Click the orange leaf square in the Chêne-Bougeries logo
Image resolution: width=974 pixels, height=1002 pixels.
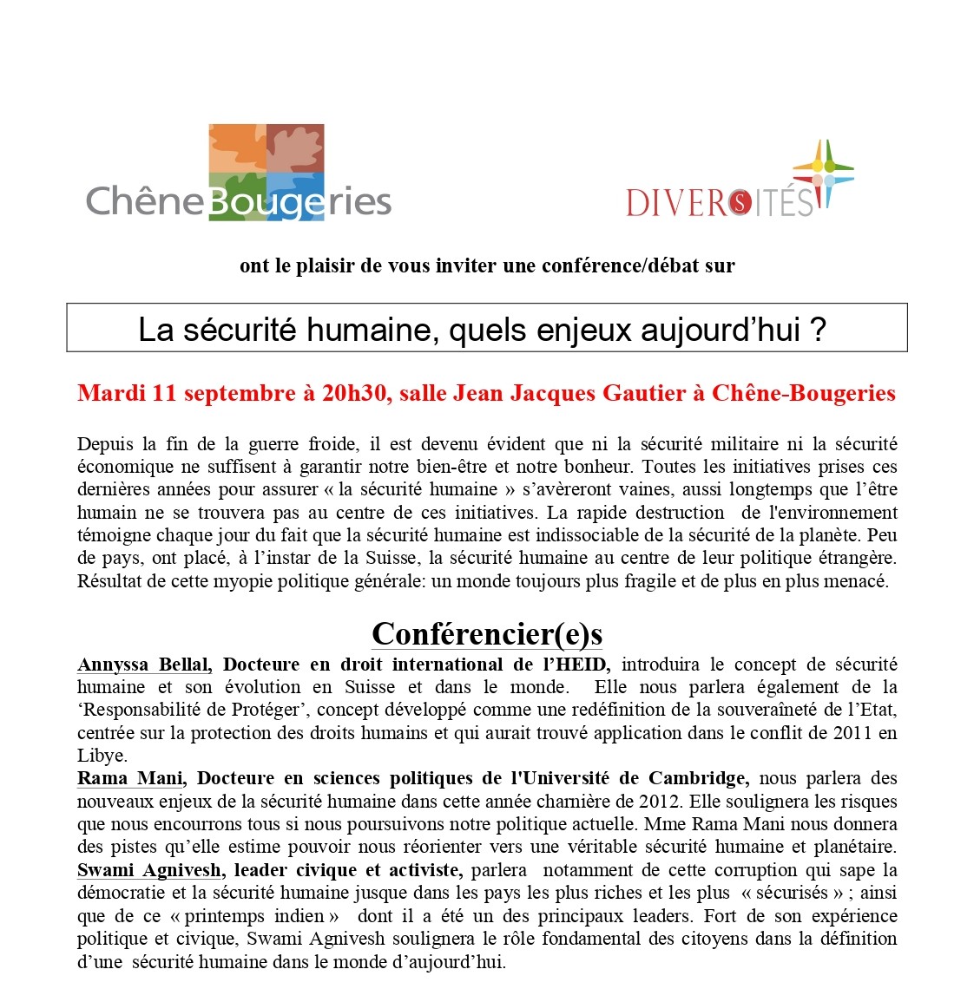click(x=236, y=148)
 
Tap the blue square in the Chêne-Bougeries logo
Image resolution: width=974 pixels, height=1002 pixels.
click(x=296, y=195)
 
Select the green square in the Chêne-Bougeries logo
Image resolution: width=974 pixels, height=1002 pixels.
click(x=237, y=197)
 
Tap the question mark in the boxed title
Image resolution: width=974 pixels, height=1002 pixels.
click(x=818, y=329)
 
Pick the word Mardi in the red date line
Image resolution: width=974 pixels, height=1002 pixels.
click(x=111, y=393)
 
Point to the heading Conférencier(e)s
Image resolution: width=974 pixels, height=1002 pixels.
click(x=487, y=634)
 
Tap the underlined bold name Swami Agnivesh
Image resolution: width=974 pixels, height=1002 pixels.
click(x=151, y=870)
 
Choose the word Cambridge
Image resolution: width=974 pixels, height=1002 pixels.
click(x=699, y=778)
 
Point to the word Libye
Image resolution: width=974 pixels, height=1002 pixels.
click(x=102, y=756)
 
